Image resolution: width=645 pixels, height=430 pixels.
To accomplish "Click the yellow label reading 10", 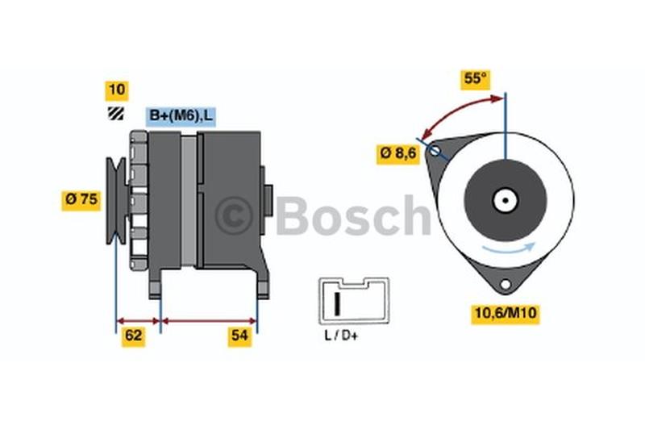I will (x=117, y=91).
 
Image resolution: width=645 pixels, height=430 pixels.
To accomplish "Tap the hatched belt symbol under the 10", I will (x=117, y=115).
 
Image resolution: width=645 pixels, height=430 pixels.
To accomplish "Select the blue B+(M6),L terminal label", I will (x=181, y=117).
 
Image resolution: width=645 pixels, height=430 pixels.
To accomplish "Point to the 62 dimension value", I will (x=134, y=336).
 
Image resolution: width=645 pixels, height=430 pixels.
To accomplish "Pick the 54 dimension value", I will (x=238, y=336).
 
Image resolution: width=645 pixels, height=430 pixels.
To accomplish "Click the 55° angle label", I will (x=476, y=78).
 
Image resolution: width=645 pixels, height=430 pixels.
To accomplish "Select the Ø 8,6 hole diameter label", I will (x=399, y=153).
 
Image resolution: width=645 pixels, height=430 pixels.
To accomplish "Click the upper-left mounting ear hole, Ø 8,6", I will (x=435, y=150).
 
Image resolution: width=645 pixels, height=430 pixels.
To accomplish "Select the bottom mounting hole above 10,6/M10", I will (x=505, y=284).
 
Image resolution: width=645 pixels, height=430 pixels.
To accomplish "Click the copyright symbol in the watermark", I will (x=234, y=215).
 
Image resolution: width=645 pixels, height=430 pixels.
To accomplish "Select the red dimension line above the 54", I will (x=210, y=320).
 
